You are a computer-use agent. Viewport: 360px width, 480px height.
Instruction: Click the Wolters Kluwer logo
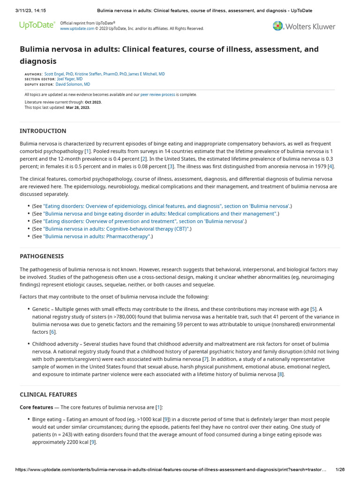(304, 26)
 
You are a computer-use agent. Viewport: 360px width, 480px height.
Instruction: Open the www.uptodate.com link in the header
(77, 29)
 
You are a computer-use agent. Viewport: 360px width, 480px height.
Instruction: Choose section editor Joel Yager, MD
(69, 79)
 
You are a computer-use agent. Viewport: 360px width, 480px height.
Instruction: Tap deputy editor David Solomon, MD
(73, 84)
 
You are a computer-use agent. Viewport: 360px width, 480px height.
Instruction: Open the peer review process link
(157, 95)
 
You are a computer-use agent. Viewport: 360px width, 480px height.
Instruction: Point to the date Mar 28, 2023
(78, 107)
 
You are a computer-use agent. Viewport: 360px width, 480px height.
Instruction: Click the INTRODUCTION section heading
(43, 131)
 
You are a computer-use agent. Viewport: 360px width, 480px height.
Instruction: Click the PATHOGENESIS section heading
(42, 256)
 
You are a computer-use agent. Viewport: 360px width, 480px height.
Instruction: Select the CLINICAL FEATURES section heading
(48, 394)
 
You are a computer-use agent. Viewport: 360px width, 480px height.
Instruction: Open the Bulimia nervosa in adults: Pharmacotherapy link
(97, 236)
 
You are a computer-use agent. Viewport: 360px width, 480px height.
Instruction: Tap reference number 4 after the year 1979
(331, 166)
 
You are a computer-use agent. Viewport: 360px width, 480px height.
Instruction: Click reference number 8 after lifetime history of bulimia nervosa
(281, 374)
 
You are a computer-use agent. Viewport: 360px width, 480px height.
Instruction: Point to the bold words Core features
(36, 407)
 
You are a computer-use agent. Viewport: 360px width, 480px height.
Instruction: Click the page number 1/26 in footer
(340, 469)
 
